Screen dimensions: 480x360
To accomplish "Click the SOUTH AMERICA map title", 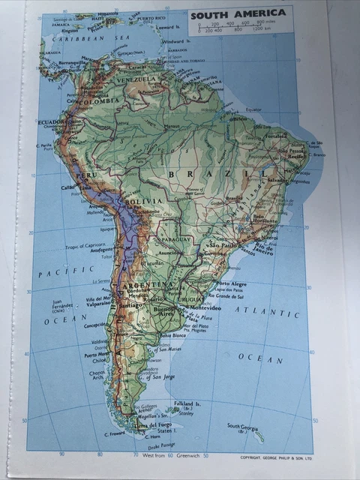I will [x=238, y=13].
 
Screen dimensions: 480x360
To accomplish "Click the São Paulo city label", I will [x=223, y=245].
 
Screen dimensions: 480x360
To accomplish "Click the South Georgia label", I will [x=243, y=426].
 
